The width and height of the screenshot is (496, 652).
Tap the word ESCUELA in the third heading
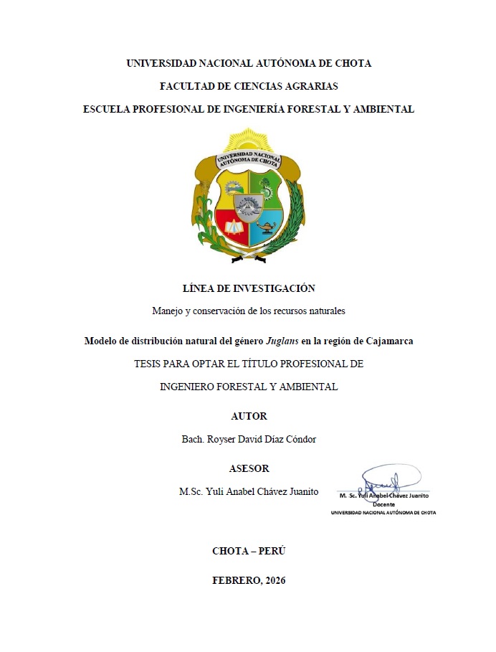tap(108, 109)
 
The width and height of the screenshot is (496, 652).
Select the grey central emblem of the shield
tap(248, 207)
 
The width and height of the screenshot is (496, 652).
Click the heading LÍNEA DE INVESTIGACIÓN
tap(249, 288)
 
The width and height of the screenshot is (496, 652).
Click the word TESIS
tap(149, 364)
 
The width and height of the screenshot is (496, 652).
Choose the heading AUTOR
tap(249, 416)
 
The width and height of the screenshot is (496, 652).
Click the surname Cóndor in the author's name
tap(299, 439)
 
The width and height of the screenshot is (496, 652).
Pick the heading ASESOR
tap(249, 468)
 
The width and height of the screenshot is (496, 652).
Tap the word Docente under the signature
tap(383, 504)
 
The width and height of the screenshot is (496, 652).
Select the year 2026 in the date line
tap(275, 580)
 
